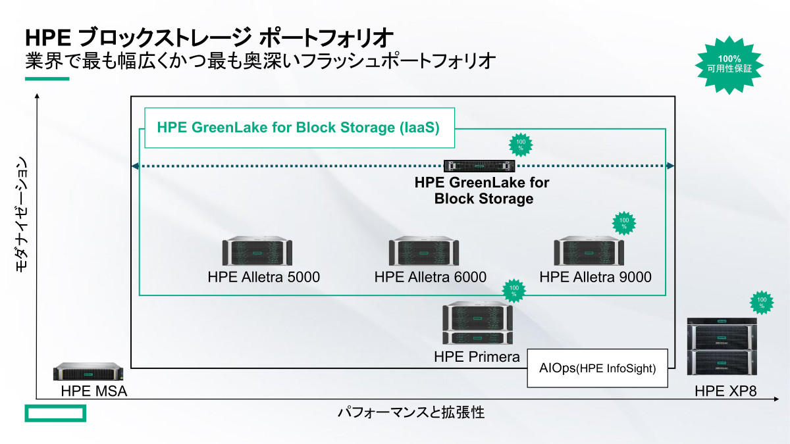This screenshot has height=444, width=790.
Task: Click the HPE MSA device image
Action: click(x=89, y=372)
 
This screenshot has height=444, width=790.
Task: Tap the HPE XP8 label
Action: click(x=725, y=392)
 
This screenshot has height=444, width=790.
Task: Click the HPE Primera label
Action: click(x=477, y=357)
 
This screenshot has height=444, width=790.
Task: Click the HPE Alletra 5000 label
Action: click(x=263, y=277)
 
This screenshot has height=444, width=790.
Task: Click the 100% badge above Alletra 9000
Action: click(x=625, y=223)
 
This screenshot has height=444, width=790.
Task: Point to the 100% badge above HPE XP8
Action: click(x=762, y=302)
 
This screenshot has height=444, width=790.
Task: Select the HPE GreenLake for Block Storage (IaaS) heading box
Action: click(x=299, y=127)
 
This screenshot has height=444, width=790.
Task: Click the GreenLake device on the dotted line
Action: click(x=477, y=166)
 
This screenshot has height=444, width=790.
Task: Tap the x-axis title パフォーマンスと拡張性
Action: click(x=411, y=413)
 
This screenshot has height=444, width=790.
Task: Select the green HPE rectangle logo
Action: click(x=56, y=413)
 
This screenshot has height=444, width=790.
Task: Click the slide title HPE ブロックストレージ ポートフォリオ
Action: click(x=209, y=36)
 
